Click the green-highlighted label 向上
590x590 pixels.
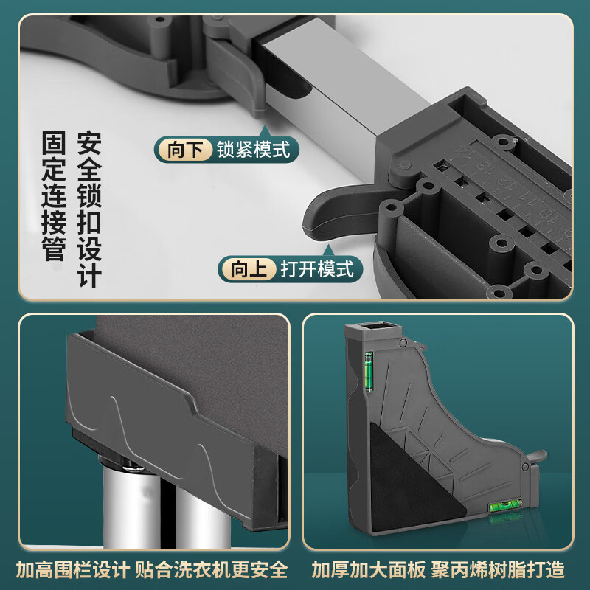point(249,269)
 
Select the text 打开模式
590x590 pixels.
point(316,269)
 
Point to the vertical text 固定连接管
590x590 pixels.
point(53,197)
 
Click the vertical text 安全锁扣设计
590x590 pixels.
point(89,210)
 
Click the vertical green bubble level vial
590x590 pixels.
point(369,371)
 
